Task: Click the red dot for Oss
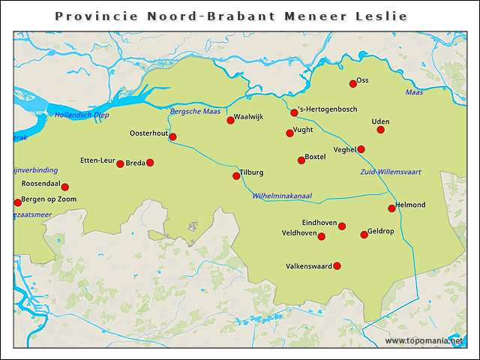pyautogui.click(x=352, y=83)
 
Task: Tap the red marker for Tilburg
pyautogui.click(x=236, y=176)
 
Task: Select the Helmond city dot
pyautogui.click(x=391, y=208)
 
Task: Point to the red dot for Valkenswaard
pyautogui.click(x=337, y=265)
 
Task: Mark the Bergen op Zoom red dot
pyautogui.click(x=18, y=202)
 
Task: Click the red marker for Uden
pyautogui.click(x=380, y=130)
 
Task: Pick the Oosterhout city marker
pyautogui.click(x=172, y=136)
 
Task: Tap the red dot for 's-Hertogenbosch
pyautogui.click(x=294, y=112)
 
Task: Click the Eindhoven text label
pyautogui.click(x=319, y=223)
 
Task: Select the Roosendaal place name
pyautogui.click(x=40, y=184)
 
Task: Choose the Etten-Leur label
pyautogui.click(x=97, y=160)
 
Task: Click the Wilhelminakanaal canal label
pyautogui.click(x=282, y=196)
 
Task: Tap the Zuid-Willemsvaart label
pyautogui.click(x=391, y=172)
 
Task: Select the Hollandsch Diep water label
pyautogui.click(x=82, y=115)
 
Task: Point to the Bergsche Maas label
pyautogui.click(x=195, y=111)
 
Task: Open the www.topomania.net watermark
pyautogui.click(x=424, y=340)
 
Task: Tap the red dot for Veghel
pyautogui.click(x=361, y=149)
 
